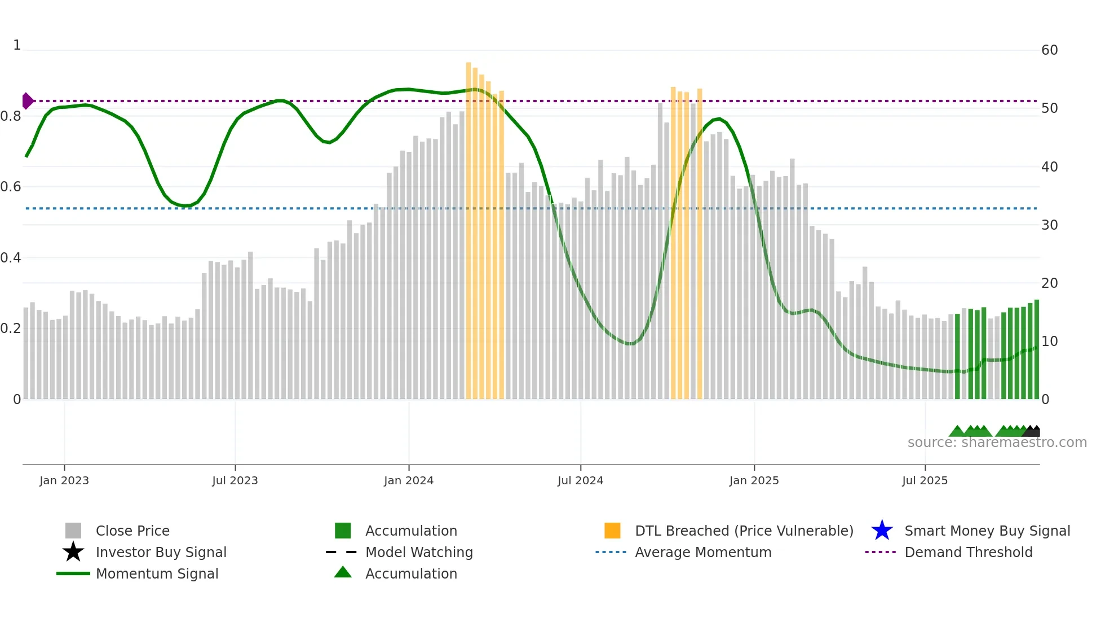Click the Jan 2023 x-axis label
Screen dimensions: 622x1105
(64, 480)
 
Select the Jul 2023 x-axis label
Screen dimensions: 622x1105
(235, 480)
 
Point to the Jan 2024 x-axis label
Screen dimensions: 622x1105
(409, 480)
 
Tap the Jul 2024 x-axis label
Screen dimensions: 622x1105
(580, 480)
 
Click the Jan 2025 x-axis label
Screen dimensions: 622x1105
(754, 480)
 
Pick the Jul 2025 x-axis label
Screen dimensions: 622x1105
(925, 480)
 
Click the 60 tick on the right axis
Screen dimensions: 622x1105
(1049, 50)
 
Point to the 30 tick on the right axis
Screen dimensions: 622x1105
(1049, 225)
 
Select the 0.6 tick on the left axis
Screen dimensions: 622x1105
(11, 187)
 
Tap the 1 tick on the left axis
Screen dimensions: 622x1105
(17, 45)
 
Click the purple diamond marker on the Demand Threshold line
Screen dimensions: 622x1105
(27, 101)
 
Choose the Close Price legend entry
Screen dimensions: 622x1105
(132, 531)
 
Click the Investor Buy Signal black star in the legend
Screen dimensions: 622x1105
(73, 552)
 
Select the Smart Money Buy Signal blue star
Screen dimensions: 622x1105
(882, 531)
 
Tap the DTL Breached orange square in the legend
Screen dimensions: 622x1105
(612, 531)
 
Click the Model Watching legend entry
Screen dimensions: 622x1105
(419, 552)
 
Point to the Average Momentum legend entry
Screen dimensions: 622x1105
(703, 552)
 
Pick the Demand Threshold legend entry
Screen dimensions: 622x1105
(968, 552)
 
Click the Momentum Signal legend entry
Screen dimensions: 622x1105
(157, 573)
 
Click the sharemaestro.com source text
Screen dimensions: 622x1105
(997, 443)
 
